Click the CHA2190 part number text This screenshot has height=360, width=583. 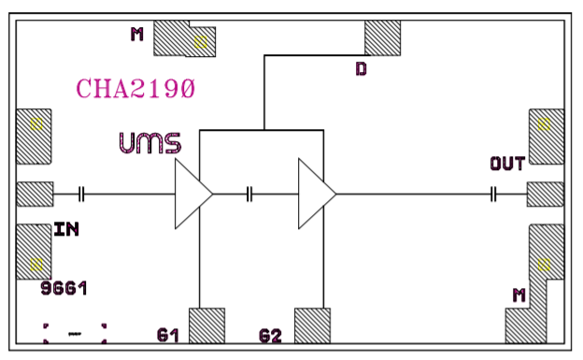tap(135, 90)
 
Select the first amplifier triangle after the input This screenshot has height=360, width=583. tap(192, 194)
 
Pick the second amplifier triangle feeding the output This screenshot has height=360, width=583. tap(316, 194)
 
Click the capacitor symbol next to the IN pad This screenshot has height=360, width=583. tap(82, 194)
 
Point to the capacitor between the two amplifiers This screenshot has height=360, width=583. tap(249, 194)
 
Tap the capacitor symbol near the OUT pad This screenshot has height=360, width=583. tap(493, 194)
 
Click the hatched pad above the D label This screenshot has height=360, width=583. tap(382, 37)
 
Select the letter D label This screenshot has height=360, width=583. tap(362, 68)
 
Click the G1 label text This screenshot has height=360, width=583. tap(168, 334)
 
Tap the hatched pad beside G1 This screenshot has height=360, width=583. tap(207, 325)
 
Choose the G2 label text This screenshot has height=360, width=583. tap(271, 334)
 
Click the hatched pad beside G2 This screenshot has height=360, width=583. tap(313, 325)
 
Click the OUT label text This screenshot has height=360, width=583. tap(507, 165)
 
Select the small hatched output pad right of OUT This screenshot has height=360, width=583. tap(546, 194)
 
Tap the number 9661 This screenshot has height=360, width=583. tap(64, 289)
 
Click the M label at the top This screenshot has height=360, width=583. tap(137, 36)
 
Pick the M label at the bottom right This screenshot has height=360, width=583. tap(519, 295)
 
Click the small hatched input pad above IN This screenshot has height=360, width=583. tap(36, 194)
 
